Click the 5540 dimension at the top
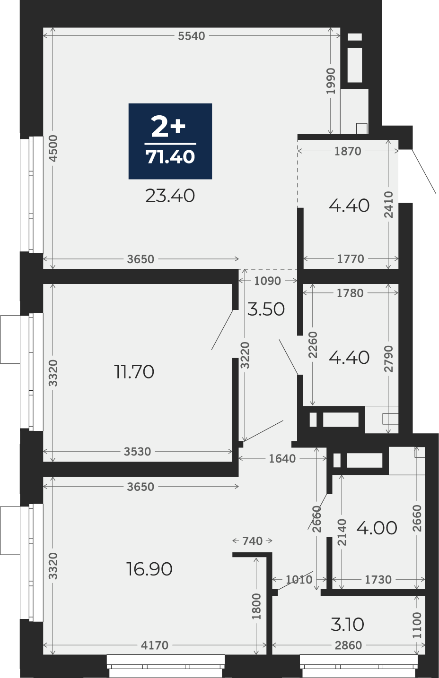coord(192,36)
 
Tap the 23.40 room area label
coord(170,196)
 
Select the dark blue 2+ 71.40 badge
coord(170,141)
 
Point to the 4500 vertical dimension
coord(53,148)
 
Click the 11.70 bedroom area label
coord(134,372)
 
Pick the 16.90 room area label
coord(149,569)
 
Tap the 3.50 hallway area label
coord(266,309)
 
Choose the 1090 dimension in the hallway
coord(268,281)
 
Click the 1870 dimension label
coord(348,151)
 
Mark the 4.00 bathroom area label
coord(377,528)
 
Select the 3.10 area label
coord(347,625)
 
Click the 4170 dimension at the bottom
coord(155,645)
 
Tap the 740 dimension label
coord(252,541)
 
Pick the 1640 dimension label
coord(282,459)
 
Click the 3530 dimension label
coord(137,452)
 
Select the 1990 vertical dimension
coord(331,81)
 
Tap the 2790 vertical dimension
coord(388,359)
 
